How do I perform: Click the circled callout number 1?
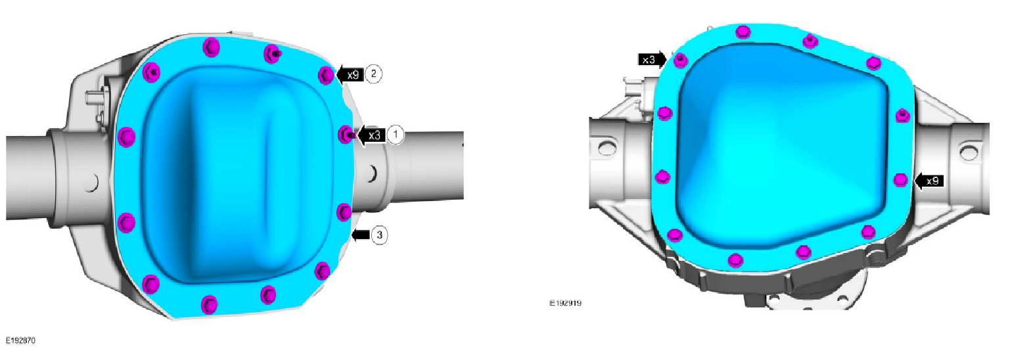click(395, 135)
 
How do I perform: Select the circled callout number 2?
click(373, 74)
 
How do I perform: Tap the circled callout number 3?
click(379, 235)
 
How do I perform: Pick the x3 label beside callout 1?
click(373, 135)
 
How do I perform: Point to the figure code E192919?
click(566, 304)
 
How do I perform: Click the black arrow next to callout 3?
click(361, 235)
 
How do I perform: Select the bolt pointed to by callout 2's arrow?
click(325, 75)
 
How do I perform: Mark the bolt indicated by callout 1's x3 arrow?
click(345, 135)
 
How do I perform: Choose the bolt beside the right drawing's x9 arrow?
click(900, 180)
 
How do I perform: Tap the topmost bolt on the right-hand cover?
click(743, 32)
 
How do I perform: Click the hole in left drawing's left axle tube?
click(92, 179)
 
